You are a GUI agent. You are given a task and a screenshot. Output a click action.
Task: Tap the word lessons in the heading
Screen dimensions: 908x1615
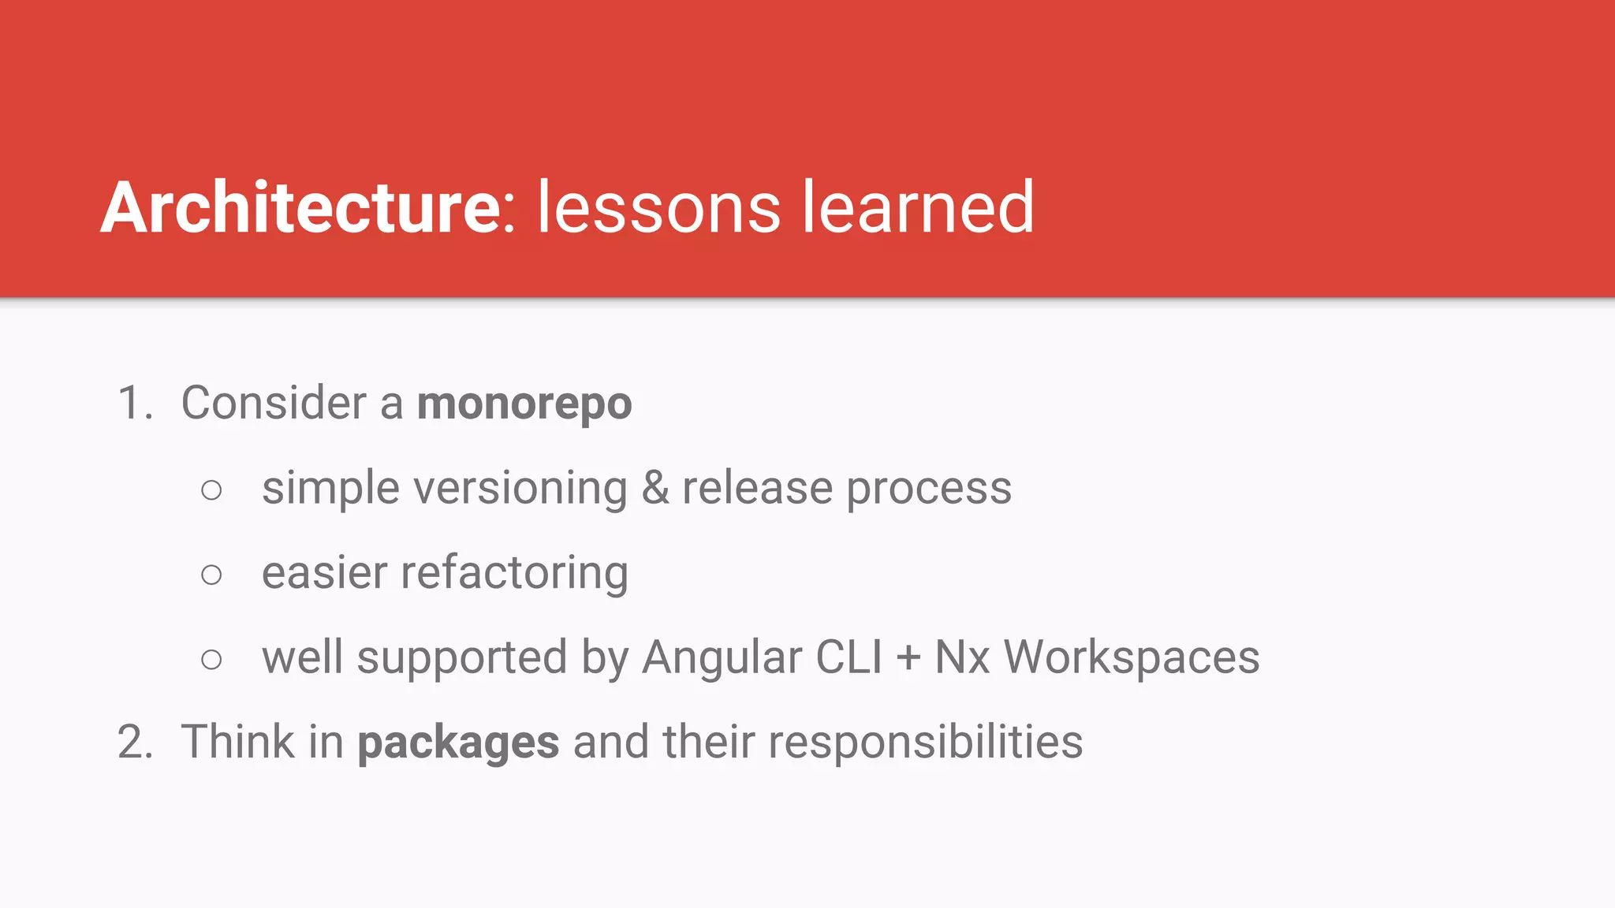[658, 207]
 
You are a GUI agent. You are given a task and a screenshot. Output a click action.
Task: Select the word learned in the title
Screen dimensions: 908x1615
[918, 207]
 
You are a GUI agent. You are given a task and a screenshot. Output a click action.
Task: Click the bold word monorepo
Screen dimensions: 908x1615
[524, 404]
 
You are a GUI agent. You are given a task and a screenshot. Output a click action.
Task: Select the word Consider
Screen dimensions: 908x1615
[274, 403]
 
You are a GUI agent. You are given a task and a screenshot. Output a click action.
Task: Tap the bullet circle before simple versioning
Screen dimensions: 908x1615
[211, 490]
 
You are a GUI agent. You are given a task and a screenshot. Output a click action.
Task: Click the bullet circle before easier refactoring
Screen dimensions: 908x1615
[211, 575]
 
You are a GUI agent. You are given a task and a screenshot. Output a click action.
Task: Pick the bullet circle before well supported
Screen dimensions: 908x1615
[211, 659]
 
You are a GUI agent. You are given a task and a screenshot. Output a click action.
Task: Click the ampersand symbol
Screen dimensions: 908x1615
[655, 489]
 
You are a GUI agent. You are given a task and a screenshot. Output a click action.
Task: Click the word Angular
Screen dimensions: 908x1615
[722, 659]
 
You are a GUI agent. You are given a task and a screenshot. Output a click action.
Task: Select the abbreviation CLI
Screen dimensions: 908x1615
[849, 657]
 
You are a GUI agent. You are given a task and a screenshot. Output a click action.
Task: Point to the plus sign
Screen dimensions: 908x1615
[908, 659]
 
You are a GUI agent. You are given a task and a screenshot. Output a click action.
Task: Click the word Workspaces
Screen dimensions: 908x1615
[1132, 659]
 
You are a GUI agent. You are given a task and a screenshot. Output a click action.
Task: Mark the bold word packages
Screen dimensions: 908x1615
[458, 744]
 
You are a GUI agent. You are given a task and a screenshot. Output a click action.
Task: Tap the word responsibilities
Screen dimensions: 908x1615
[925, 744]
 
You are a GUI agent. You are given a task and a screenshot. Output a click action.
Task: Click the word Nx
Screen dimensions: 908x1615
[962, 657]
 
